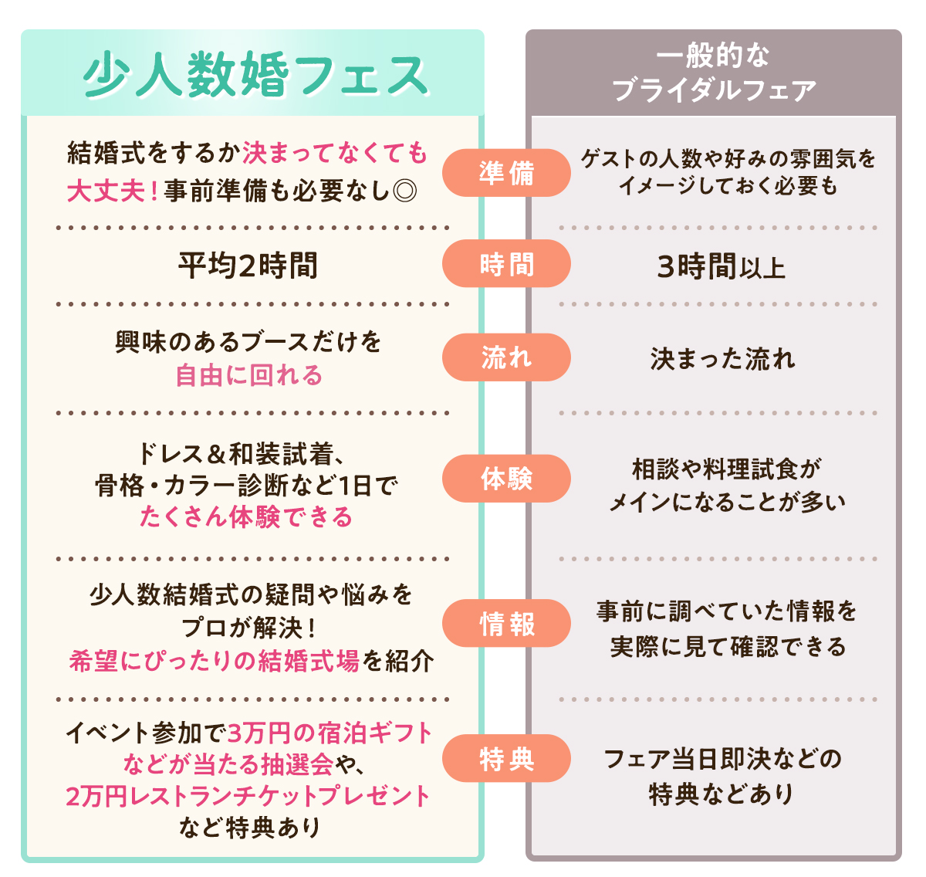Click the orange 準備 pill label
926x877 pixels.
click(x=506, y=173)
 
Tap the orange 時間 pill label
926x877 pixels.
click(x=506, y=265)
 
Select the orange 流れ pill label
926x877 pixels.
click(x=506, y=357)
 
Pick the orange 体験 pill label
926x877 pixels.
click(x=506, y=479)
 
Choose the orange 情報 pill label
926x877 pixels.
click(x=506, y=624)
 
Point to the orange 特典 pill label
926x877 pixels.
click(x=506, y=759)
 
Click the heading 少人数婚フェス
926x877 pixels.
click(x=255, y=76)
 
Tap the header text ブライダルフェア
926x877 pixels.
click(x=714, y=90)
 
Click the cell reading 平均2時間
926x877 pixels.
click(x=248, y=266)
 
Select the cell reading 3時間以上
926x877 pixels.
click(x=721, y=267)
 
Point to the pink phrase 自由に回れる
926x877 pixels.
click(x=248, y=376)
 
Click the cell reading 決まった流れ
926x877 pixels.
click(x=722, y=359)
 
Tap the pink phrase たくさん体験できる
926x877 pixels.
click(x=245, y=516)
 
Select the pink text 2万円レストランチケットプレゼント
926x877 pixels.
click(x=248, y=796)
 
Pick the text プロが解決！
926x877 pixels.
click(x=248, y=628)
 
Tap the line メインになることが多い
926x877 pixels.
click(x=727, y=503)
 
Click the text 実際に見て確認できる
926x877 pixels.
click(x=728, y=646)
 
